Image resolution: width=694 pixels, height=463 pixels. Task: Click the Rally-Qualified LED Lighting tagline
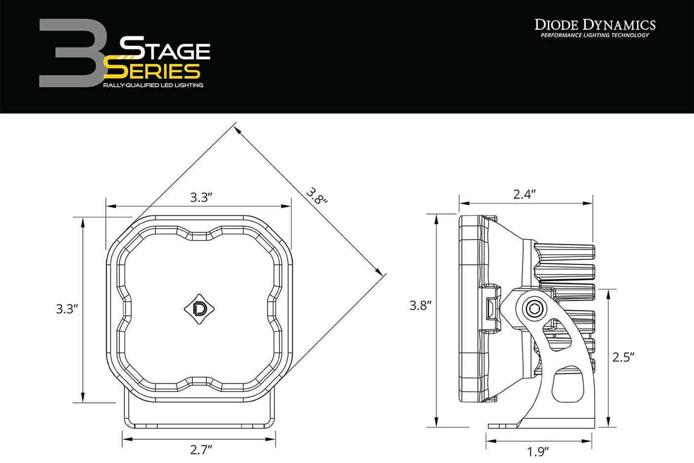(x=153, y=85)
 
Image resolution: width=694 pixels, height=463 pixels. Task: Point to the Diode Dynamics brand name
(x=595, y=24)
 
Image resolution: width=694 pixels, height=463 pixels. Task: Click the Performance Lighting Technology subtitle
(x=595, y=35)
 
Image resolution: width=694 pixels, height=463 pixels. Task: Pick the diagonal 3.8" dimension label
(x=316, y=196)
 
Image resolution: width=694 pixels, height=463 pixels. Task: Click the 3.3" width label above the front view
(x=201, y=198)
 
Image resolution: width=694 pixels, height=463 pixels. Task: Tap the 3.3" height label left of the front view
(x=67, y=309)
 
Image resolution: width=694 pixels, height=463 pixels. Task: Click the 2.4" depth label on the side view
(x=524, y=194)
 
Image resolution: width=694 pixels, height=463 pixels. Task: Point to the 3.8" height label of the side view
(x=421, y=305)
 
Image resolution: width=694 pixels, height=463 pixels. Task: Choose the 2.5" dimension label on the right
(x=623, y=357)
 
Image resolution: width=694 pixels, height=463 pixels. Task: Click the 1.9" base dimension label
(x=538, y=451)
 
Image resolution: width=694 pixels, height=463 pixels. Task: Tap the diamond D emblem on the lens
(x=199, y=308)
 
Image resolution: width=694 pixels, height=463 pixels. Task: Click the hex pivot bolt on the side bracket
(x=533, y=309)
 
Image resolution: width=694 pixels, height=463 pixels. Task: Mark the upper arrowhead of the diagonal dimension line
(x=237, y=130)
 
